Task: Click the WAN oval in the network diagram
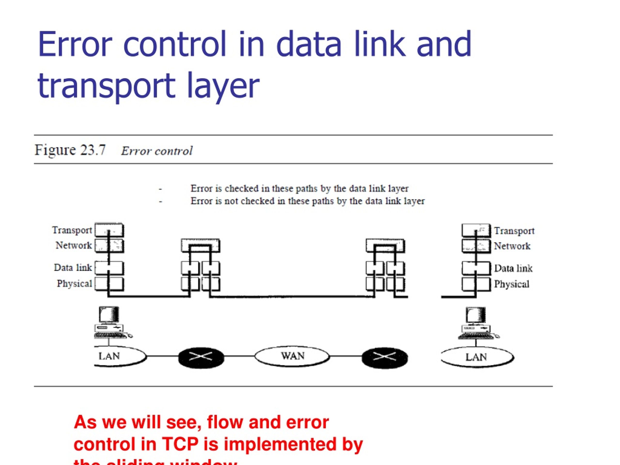(x=292, y=356)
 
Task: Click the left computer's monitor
(x=109, y=315)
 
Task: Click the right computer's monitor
(x=476, y=315)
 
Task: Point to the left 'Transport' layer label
(x=72, y=230)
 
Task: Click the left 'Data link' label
(x=73, y=268)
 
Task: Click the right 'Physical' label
(x=511, y=284)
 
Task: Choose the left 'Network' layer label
(x=74, y=246)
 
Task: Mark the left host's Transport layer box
(x=109, y=230)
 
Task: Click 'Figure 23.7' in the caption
(x=70, y=150)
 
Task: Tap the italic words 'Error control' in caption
(x=157, y=151)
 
